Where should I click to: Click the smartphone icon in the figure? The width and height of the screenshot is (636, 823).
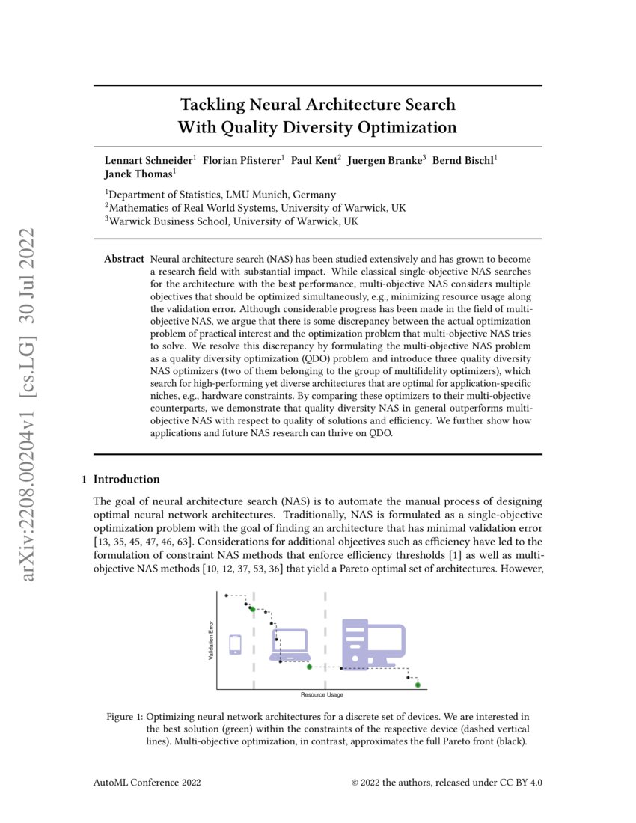[x=235, y=644]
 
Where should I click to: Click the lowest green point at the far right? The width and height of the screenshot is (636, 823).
[x=418, y=685]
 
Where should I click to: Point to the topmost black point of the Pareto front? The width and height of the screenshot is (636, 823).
[x=227, y=596]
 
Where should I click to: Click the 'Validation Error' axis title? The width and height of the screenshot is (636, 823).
[x=211, y=640]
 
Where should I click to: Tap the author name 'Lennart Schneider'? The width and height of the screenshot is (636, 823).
[x=147, y=160]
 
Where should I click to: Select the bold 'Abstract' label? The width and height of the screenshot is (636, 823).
[x=123, y=259]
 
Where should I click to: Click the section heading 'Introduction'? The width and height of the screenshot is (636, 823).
[x=126, y=479]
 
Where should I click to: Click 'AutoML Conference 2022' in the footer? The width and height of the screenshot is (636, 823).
[x=147, y=783]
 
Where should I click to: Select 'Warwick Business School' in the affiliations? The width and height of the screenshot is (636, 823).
[x=169, y=221]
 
